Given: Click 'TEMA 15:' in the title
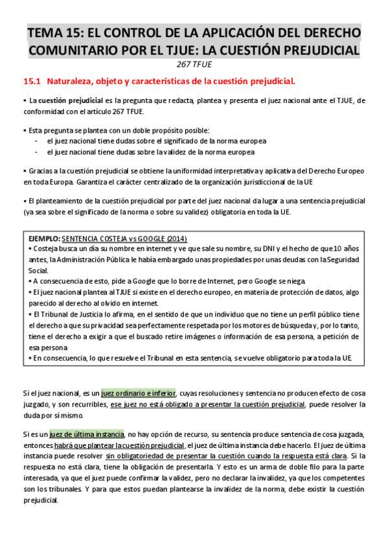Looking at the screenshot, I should tap(54, 33).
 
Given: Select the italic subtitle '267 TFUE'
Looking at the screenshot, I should tap(195, 65).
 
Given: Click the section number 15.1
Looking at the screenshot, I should tap(32, 82).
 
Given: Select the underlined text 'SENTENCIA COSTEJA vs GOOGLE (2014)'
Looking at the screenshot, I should tap(127, 238).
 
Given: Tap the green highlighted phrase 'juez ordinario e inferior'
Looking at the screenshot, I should tap(139, 393).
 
